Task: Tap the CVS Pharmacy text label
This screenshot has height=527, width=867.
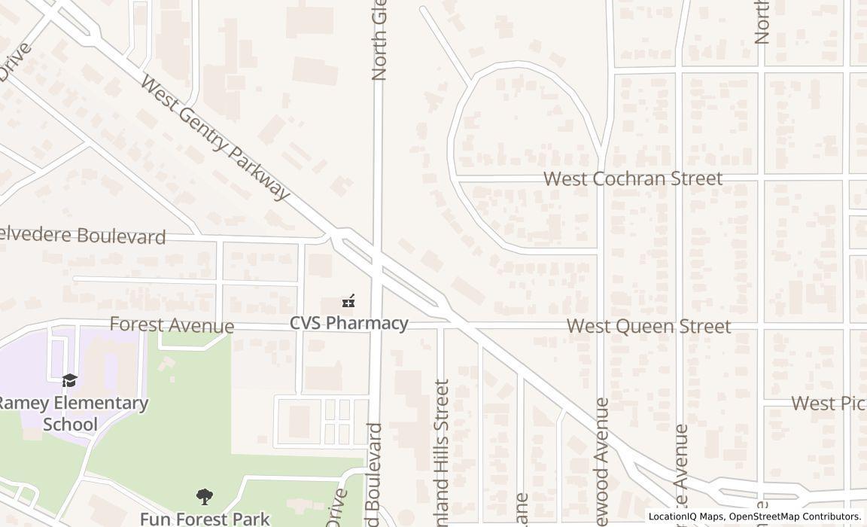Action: coord(349,323)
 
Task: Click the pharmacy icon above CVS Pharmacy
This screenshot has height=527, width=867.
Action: coord(348,301)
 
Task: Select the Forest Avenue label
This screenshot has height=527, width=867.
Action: coord(172,325)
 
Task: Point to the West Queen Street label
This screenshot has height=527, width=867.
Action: coord(648,326)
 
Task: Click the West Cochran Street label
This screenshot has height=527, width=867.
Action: coord(633,178)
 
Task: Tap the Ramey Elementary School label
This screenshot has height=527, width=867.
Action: coord(71,413)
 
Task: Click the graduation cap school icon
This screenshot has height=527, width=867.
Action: coord(69,380)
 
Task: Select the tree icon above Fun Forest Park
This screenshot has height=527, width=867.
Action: coord(204,497)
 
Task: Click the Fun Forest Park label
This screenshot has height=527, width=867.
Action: coord(204,519)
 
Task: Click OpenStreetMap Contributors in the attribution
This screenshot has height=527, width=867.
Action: coord(795,516)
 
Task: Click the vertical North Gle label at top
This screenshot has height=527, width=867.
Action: coord(379,41)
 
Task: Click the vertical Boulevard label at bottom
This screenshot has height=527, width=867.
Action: coord(374,474)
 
